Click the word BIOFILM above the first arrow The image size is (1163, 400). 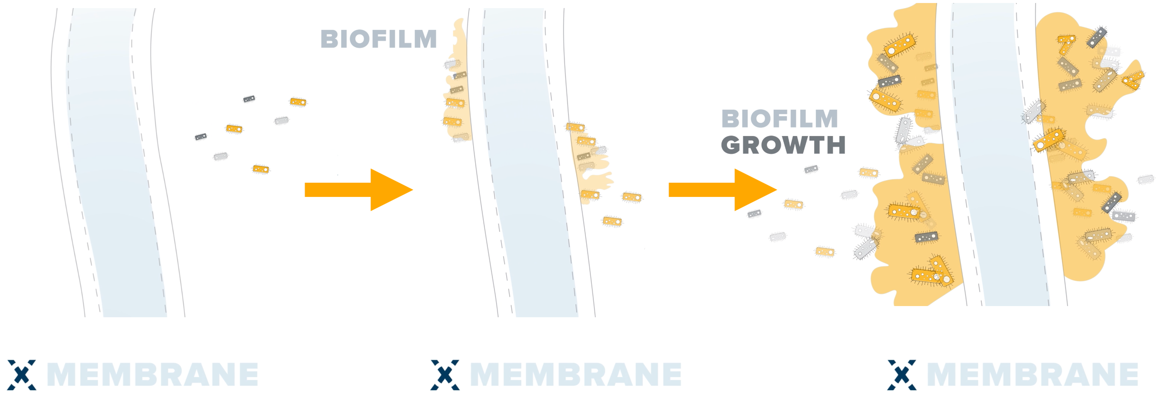pos(378,39)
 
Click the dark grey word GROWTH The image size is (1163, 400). pos(783,145)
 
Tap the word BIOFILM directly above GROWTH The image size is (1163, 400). pos(779,119)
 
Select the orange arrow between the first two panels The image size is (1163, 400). pos(359,190)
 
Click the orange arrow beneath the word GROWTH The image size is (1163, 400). pos(722,190)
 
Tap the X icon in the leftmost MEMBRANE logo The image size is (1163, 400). pos(21,375)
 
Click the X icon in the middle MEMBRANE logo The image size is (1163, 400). pos(445,375)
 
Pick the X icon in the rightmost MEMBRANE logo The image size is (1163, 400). pos(902,375)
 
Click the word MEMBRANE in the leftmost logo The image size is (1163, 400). pos(152,375)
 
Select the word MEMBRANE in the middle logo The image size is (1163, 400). pos(576,375)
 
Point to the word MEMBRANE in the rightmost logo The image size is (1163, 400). pos(1033,375)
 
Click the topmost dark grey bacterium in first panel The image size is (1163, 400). pos(249,99)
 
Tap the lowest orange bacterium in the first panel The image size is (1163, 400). pos(261,169)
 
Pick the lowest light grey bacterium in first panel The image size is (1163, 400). pos(220,156)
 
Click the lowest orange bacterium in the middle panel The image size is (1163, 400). pos(612,221)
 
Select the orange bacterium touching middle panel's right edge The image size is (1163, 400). pos(632,197)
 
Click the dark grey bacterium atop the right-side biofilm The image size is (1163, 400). pos(1096,37)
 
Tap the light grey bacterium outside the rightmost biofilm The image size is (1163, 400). pos(1146,179)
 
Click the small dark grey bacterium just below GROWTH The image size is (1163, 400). pos(811,169)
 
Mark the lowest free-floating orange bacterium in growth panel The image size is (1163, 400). pos(825,251)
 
